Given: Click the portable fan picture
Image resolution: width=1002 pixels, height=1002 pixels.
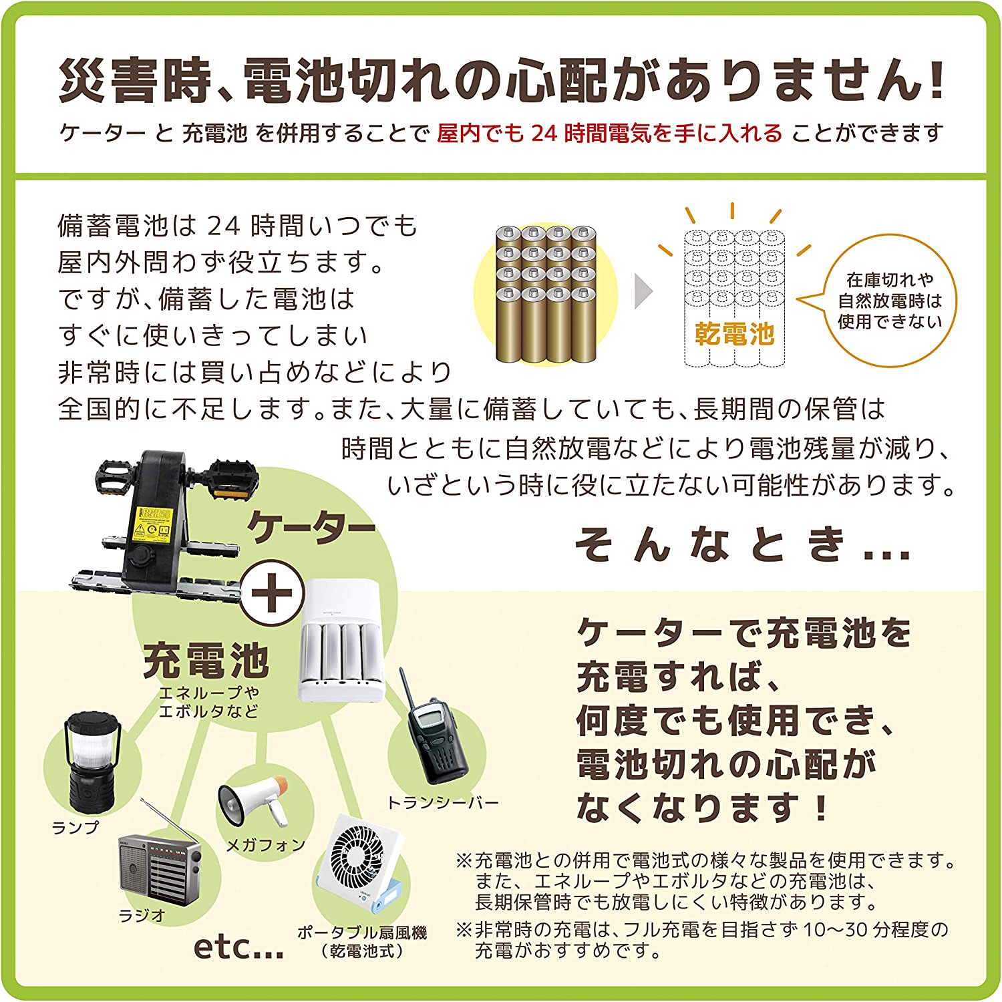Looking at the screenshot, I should pyautogui.click(x=361, y=865).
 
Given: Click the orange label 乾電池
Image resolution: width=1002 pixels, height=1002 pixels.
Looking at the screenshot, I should pyautogui.click(x=734, y=333).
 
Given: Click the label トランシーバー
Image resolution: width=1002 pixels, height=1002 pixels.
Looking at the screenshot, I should pyautogui.click(x=443, y=802).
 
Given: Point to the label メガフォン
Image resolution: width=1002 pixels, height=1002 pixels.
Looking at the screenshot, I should pyautogui.click(x=265, y=846).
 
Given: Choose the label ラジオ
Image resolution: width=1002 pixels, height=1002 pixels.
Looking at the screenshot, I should pyautogui.click(x=142, y=915).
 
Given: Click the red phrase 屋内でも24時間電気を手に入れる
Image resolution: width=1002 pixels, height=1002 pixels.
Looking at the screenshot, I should pyautogui.click(x=609, y=134).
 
